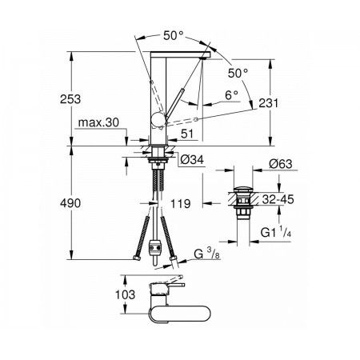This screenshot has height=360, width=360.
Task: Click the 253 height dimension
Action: coord(70,99)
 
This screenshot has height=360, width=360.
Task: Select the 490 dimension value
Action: coord(70,203)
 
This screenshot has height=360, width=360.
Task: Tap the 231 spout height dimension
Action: coord(269,103)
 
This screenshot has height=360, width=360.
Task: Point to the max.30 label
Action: coord(98,122)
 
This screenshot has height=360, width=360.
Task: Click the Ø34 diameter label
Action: coord(192,160)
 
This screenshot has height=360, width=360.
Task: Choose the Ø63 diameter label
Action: coord(281,164)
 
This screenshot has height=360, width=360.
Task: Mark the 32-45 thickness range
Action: coord(278,199)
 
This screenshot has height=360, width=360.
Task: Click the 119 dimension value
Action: coord(181,204)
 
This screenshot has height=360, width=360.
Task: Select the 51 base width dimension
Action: coord(187,134)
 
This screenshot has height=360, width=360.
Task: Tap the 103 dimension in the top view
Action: coord(125,294)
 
